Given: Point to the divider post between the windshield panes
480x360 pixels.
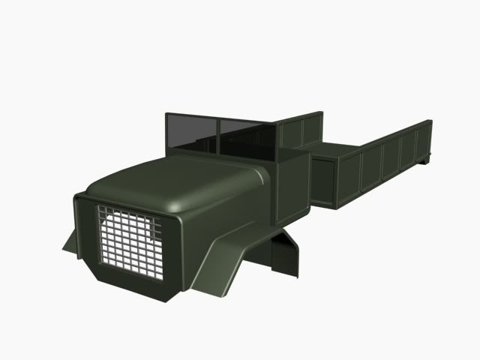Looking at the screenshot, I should click(x=218, y=135).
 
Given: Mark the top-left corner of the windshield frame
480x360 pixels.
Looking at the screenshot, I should click(x=166, y=115).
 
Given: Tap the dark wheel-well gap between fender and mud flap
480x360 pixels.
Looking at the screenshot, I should click(x=266, y=251).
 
